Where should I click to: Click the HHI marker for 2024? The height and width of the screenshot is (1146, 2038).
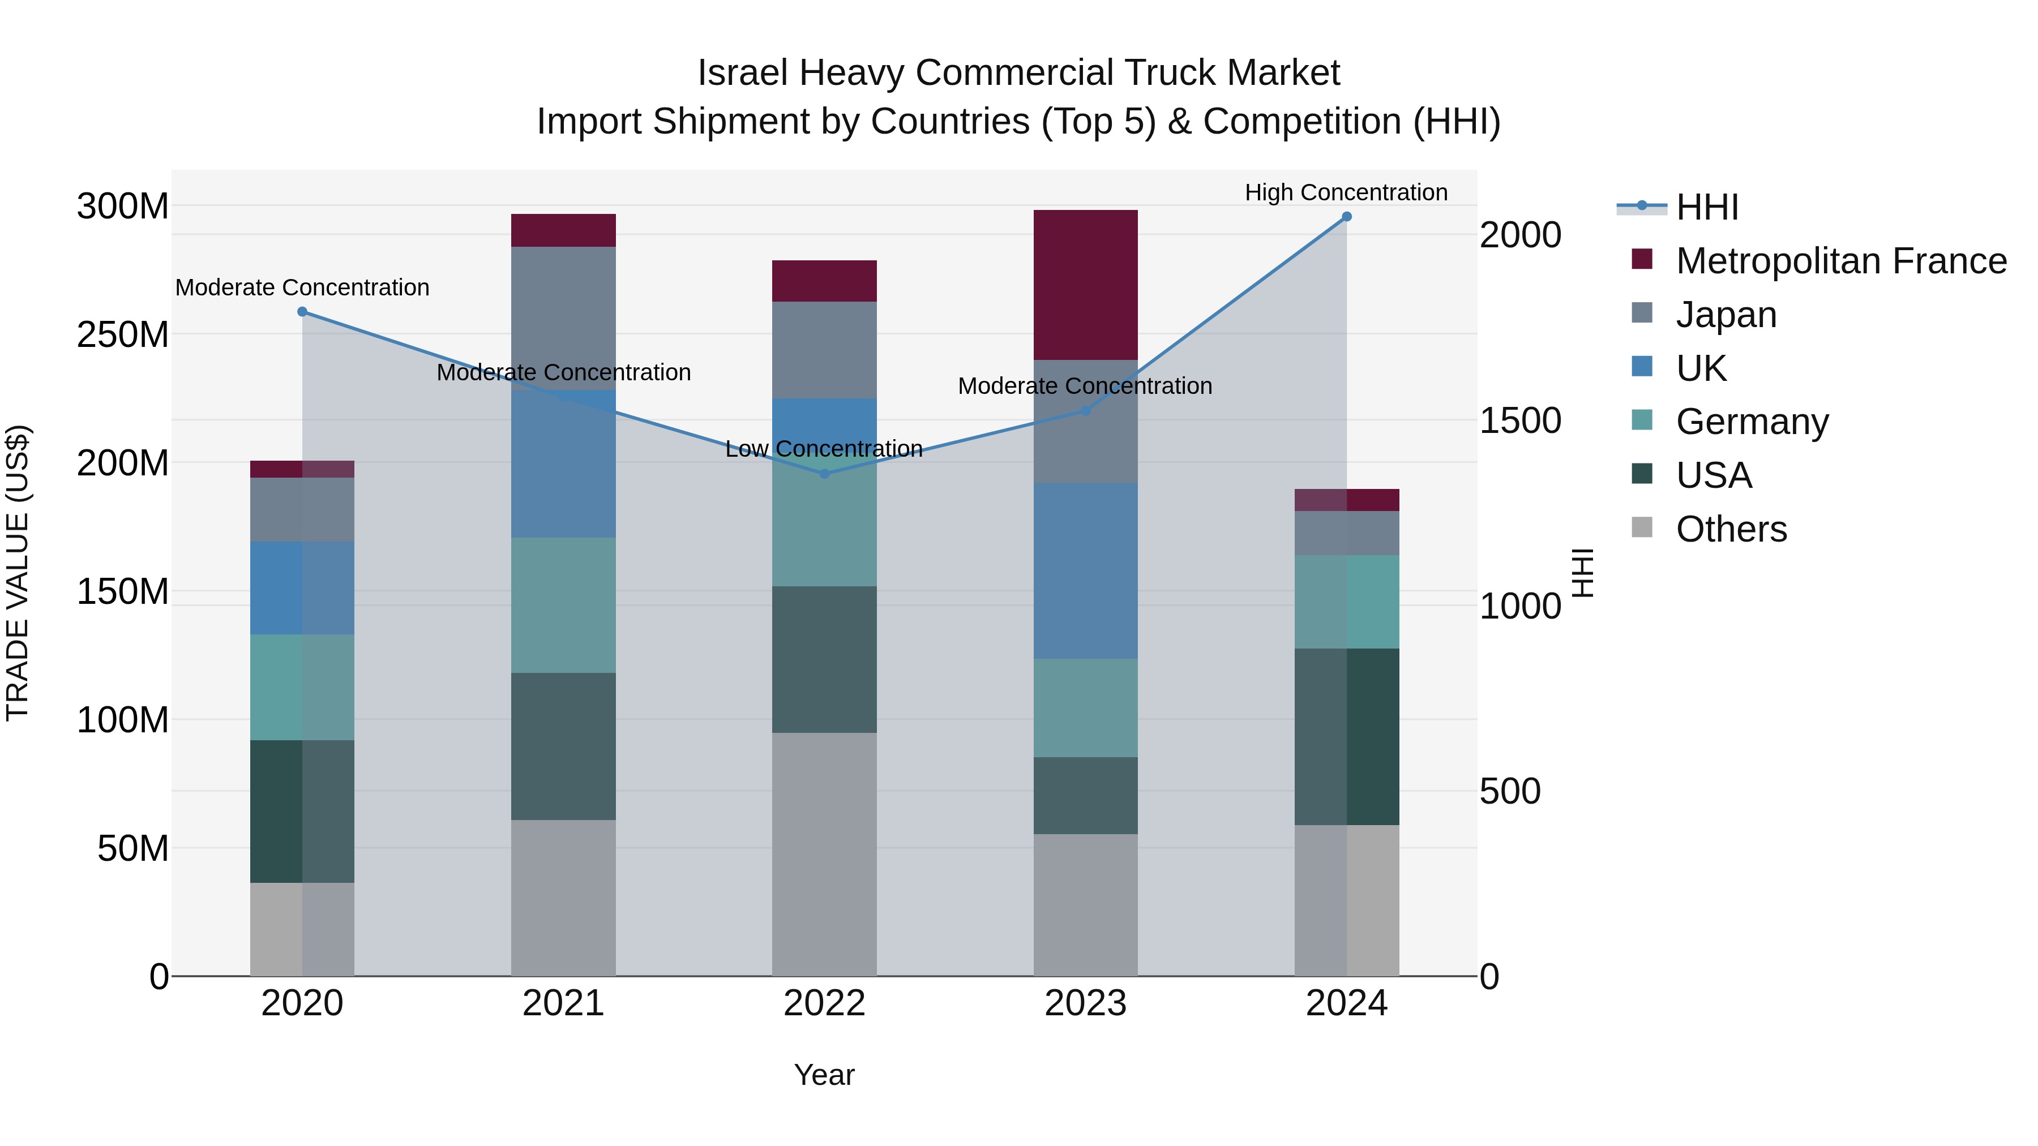point(1347,217)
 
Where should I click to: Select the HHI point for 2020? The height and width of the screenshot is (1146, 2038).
point(302,312)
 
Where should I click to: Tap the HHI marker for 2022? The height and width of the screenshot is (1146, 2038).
point(824,474)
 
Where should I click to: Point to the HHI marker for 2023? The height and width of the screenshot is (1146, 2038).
point(1085,410)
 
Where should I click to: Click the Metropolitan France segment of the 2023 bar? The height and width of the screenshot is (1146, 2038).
point(1085,285)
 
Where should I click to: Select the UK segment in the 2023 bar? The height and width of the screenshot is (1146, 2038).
point(1085,571)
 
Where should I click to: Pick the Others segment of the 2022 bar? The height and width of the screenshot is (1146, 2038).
point(824,854)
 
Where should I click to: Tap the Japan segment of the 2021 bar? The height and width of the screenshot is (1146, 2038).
point(563,317)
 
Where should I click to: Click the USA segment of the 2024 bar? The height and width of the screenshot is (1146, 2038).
point(1347,736)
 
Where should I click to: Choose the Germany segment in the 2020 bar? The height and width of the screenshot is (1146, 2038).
point(302,687)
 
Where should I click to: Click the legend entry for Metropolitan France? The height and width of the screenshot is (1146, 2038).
point(1840,261)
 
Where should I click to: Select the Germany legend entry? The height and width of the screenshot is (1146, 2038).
point(1752,422)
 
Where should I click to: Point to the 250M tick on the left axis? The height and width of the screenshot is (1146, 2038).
point(123,334)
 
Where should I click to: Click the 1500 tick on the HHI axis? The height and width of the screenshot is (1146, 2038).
point(1520,420)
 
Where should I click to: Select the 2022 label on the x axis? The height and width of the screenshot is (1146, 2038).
point(824,1003)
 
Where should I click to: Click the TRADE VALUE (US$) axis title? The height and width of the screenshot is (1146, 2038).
point(18,573)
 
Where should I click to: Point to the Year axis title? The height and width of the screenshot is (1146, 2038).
point(824,1075)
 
